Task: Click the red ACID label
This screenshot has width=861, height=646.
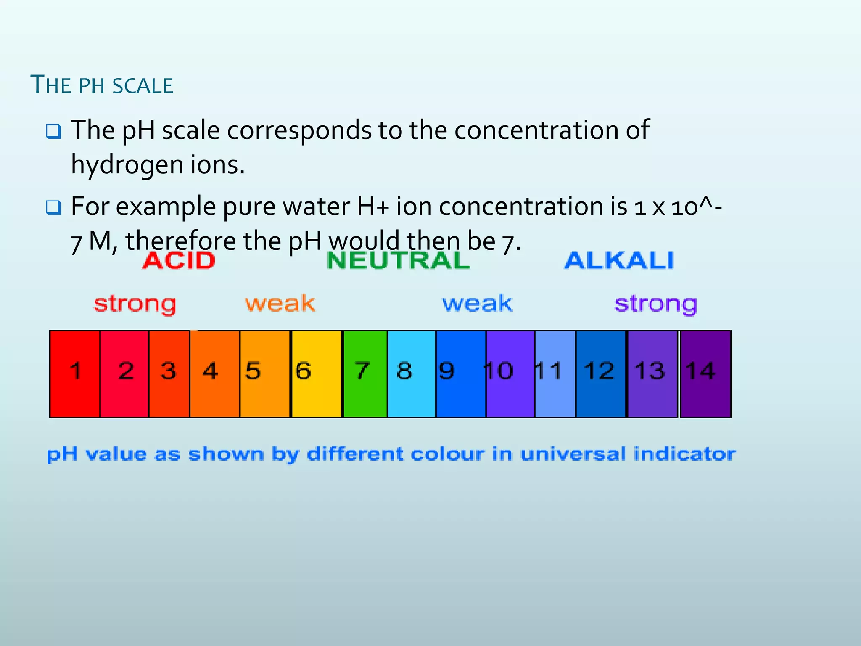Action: coord(179,260)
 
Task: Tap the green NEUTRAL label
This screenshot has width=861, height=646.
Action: coord(398,260)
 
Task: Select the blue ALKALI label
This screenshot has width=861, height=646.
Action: coord(619,260)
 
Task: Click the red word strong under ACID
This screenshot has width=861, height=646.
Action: coord(135,304)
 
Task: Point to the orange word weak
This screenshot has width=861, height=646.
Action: coord(280,303)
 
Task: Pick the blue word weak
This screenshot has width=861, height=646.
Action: coord(477,303)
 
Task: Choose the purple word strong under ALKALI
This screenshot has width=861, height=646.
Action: coord(655,304)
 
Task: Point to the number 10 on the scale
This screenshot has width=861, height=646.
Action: coord(499,371)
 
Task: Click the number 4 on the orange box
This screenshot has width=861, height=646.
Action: coord(210,371)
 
